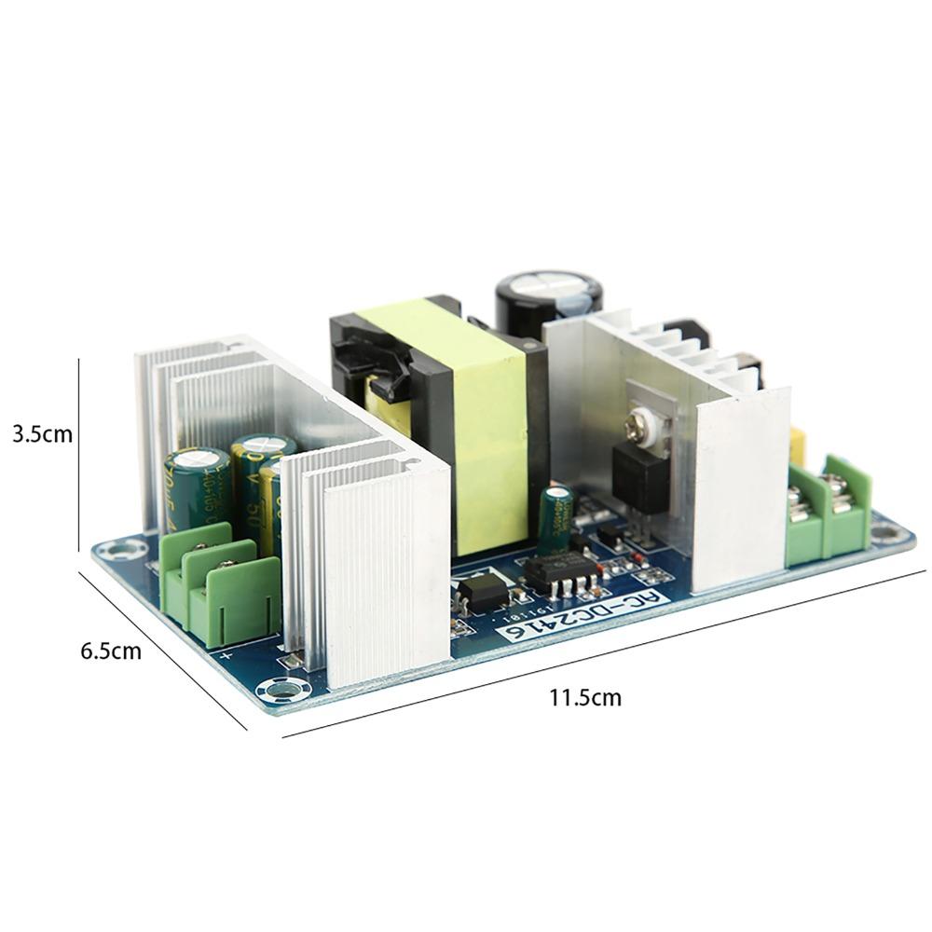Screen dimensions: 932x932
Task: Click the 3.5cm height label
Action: point(41,434)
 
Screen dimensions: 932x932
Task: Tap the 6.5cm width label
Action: point(111,651)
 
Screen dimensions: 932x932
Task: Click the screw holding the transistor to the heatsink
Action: point(646,423)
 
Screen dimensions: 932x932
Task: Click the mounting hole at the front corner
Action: point(280,690)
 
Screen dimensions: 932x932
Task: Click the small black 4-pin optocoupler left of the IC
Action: point(483,591)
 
